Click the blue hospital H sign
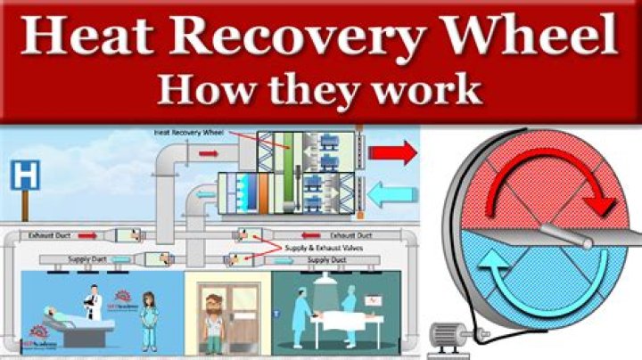(x=27, y=175)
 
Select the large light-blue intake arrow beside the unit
(x=391, y=192)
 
